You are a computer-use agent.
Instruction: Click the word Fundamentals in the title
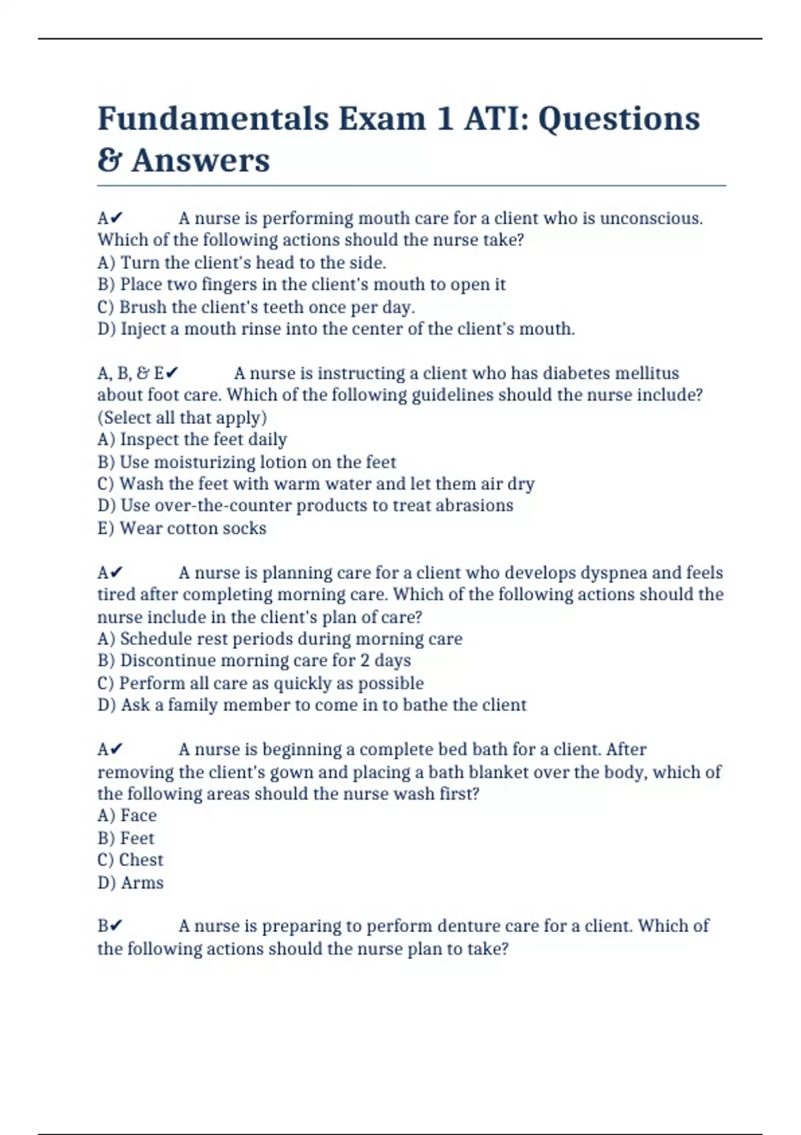click(x=214, y=120)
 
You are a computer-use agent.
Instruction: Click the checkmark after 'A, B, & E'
click(x=173, y=373)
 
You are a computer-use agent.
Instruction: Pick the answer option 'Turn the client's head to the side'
click(x=242, y=262)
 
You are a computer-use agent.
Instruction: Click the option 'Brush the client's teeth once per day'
click(x=256, y=307)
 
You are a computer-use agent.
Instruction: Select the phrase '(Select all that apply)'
click(x=182, y=417)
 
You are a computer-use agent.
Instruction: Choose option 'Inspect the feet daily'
click(x=192, y=439)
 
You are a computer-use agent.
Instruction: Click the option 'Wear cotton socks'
click(x=182, y=528)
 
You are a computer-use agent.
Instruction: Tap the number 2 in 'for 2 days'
click(x=364, y=660)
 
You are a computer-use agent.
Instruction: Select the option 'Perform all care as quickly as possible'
click(x=260, y=683)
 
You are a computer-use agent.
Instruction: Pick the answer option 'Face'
click(x=127, y=815)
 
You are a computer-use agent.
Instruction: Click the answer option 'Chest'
click(x=130, y=860)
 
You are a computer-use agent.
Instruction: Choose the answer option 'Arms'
click(x=131, y=883)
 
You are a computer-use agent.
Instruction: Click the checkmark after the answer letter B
click(x=116, y=926)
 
